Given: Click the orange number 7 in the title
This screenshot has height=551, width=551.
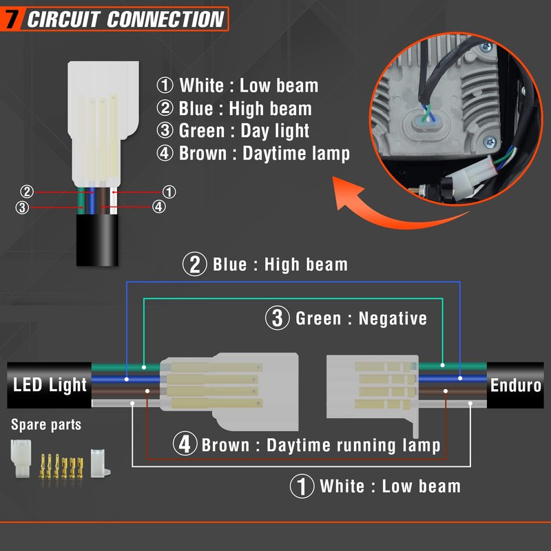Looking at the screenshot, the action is click(x=12, y=19).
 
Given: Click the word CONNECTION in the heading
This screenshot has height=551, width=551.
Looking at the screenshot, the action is click(x=165, y=19).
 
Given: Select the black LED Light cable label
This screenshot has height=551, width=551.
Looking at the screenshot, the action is click(x=49, y=385).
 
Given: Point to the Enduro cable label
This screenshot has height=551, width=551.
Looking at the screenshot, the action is click(x=515, y=385).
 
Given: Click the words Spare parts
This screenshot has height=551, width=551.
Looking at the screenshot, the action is click(x=46, y=424).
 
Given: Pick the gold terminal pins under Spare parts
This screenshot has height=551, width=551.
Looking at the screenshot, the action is click(x=61, y=466).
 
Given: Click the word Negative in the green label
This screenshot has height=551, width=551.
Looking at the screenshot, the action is click(x=393, y=318).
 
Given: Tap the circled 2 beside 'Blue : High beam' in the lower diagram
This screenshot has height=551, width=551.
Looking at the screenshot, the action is click(x=194, y=264).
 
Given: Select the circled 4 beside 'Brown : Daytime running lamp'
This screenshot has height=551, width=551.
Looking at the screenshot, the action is click(x=185, y=444).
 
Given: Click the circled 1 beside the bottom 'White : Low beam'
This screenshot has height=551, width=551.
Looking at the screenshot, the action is click(x=302, y=486).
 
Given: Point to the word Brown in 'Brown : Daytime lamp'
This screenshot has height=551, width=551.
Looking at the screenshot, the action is click(x=202, y=154).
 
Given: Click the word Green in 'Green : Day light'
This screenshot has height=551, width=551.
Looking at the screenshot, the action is click(x=202, y=131).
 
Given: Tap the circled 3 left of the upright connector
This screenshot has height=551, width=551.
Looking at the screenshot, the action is click(x=22, y=207).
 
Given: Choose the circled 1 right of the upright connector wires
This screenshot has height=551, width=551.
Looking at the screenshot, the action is click(x=169, y=192).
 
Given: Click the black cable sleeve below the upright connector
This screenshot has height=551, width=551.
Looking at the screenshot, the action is click(x=97, y=240).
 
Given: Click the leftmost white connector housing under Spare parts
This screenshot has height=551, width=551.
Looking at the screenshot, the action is click(x=21, y=458).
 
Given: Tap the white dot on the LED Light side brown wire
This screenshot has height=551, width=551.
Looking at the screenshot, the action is click(x=147, y=391).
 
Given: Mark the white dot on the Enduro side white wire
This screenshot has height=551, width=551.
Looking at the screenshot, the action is click(x=470, y=403).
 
